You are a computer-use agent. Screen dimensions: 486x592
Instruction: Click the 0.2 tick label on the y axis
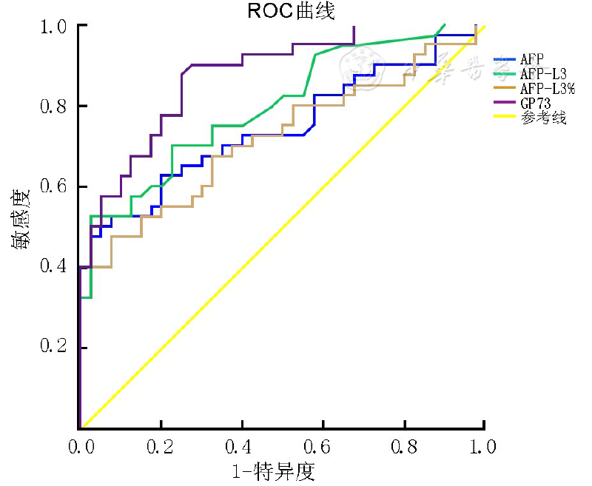tap(54, 348)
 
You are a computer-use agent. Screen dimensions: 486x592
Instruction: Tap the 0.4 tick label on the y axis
tap(54, 267)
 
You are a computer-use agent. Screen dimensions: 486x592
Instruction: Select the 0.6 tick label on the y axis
tap(54, 186)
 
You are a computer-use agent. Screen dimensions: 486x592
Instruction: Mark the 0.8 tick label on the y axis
tap(54, 106)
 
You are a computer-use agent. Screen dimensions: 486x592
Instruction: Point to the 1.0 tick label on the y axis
tap(54, 26)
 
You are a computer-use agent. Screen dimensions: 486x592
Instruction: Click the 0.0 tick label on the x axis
tap(79, 446)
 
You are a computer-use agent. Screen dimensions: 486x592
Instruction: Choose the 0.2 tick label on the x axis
tap(160, 446)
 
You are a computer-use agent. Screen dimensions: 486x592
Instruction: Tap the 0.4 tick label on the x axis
tap(241, 446)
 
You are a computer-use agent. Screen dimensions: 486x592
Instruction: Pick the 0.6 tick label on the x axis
tap(322, 446)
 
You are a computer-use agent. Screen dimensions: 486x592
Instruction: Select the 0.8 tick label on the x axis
tap(403, 446)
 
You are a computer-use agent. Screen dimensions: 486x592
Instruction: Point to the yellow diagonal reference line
tap(281, 227)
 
